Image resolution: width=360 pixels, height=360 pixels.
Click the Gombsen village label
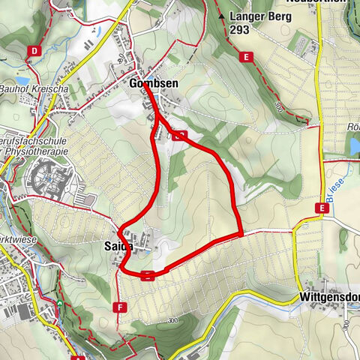[153, 83]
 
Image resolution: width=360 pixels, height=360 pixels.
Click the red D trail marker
[34, 51]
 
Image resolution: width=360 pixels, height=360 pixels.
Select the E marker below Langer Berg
[244, 56]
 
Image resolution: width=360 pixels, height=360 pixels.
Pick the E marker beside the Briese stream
[323, 208]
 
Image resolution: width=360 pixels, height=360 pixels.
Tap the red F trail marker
[118, 307]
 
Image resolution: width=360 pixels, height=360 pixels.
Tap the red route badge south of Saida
[148, 274]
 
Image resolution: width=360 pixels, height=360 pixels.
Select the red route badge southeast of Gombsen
[178, 136]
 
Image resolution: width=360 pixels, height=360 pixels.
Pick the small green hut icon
[59, 303]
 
